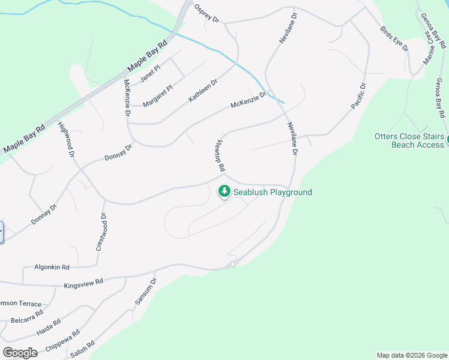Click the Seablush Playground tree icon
click(x=224, y=191)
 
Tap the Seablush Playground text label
click(x=273, y=192)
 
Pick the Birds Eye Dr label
click(x=394, y=38)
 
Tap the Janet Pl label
click(x=150, y=74)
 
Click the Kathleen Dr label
click(x=203, y=90)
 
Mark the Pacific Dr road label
click(x=358, y=96)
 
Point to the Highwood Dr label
click(x=66, y=140)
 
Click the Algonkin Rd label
click(x=52, y=267)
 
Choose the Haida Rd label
click(x=49, y=326)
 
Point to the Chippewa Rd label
click(x=67, y=340)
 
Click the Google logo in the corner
click(x=20, y=352)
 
